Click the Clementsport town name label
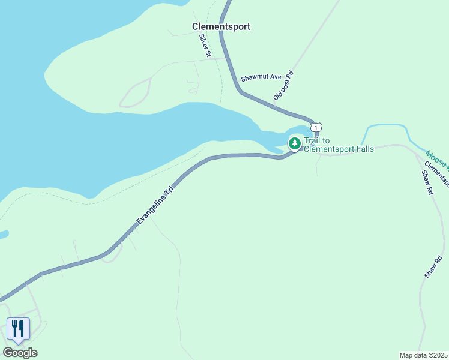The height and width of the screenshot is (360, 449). click(x=221, y=26)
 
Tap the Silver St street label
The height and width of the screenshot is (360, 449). click(x=205, y=46)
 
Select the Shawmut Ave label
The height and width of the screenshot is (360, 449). click(x=261, y=78)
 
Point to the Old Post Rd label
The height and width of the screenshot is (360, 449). click(x=283, y=86)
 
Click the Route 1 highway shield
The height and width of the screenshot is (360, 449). click(x=316, y=127)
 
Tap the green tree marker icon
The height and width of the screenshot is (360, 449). click(x=294, y=143)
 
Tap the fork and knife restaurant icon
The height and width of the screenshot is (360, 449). click(x=18, y=328)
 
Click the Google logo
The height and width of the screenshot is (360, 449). click(x=20, y=352)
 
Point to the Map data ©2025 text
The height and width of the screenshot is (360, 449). click(x=423, y=355)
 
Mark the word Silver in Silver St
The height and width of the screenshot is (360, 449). click(x=203, y=43)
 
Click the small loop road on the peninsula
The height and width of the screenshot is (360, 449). click(x=135, y=95)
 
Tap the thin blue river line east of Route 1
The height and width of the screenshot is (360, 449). click(x=387, y=125)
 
